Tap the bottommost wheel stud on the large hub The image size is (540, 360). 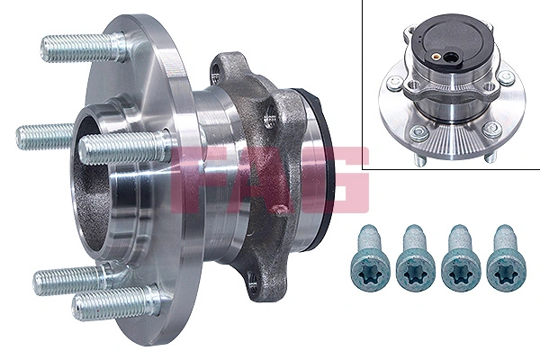point(108,304)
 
